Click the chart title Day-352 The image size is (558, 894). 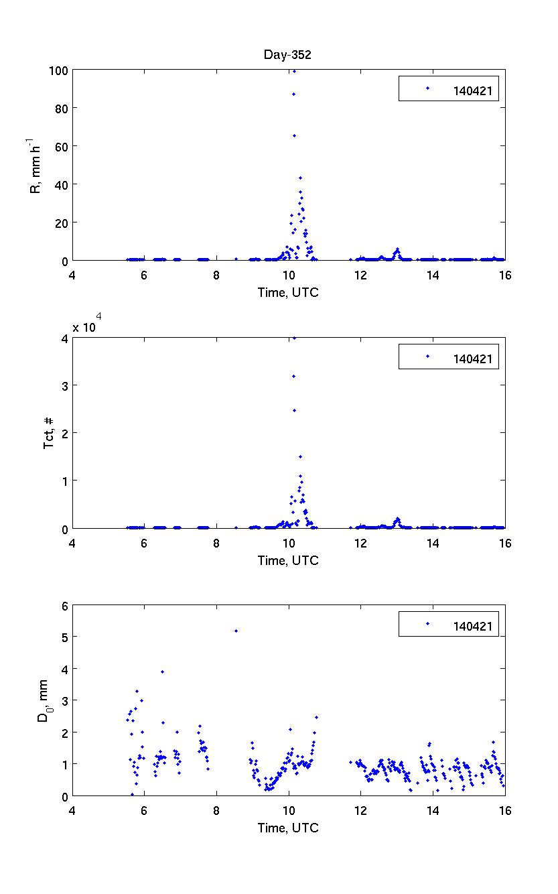[x=287, y=56]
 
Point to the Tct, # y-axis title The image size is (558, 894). [x=49, y=433]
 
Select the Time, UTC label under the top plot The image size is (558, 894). [x=288, y=292]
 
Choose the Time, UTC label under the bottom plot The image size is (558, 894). [x=288, y=828]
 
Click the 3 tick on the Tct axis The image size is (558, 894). [x=64, y=385]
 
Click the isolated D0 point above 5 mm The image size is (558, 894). [x=236, y=631]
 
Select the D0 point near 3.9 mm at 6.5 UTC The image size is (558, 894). [x=162, y=672]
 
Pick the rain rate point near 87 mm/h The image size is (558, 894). [x=293, y=94]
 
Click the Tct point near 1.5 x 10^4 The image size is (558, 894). [x=300, y=456]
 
